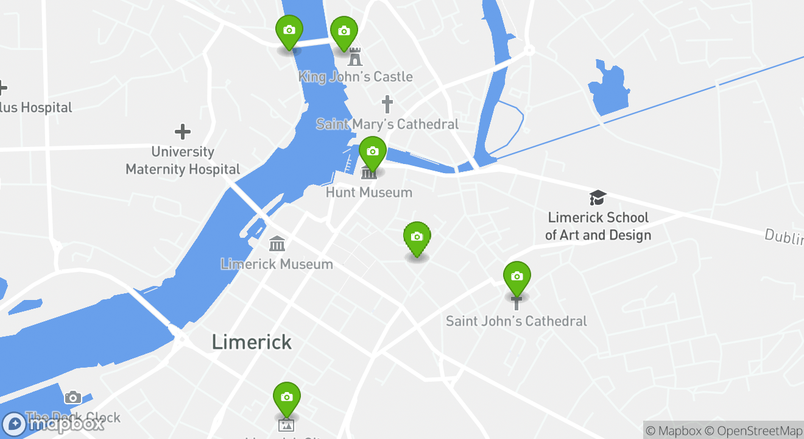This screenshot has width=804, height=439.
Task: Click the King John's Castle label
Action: point(355,77)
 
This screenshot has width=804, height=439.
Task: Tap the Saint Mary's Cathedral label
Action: point(387,124)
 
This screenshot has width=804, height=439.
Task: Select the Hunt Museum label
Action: point(369,193)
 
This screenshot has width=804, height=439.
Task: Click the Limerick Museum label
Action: point(277,264)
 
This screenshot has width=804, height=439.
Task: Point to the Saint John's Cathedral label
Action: point(517,321)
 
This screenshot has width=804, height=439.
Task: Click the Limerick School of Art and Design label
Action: point(598,226)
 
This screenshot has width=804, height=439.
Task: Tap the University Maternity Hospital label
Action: point(183,160)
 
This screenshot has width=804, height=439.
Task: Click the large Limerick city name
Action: point(252,342)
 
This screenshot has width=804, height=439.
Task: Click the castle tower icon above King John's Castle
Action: point(355,57)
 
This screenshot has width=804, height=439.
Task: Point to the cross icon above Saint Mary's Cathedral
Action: point(387,104)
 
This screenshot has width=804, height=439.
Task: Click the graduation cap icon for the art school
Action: point(598,198)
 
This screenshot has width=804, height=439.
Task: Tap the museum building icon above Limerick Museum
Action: point(277,244)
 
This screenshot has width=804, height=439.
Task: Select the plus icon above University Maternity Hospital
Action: point(183,132)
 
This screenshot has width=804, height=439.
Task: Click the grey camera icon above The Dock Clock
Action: point(73,398)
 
